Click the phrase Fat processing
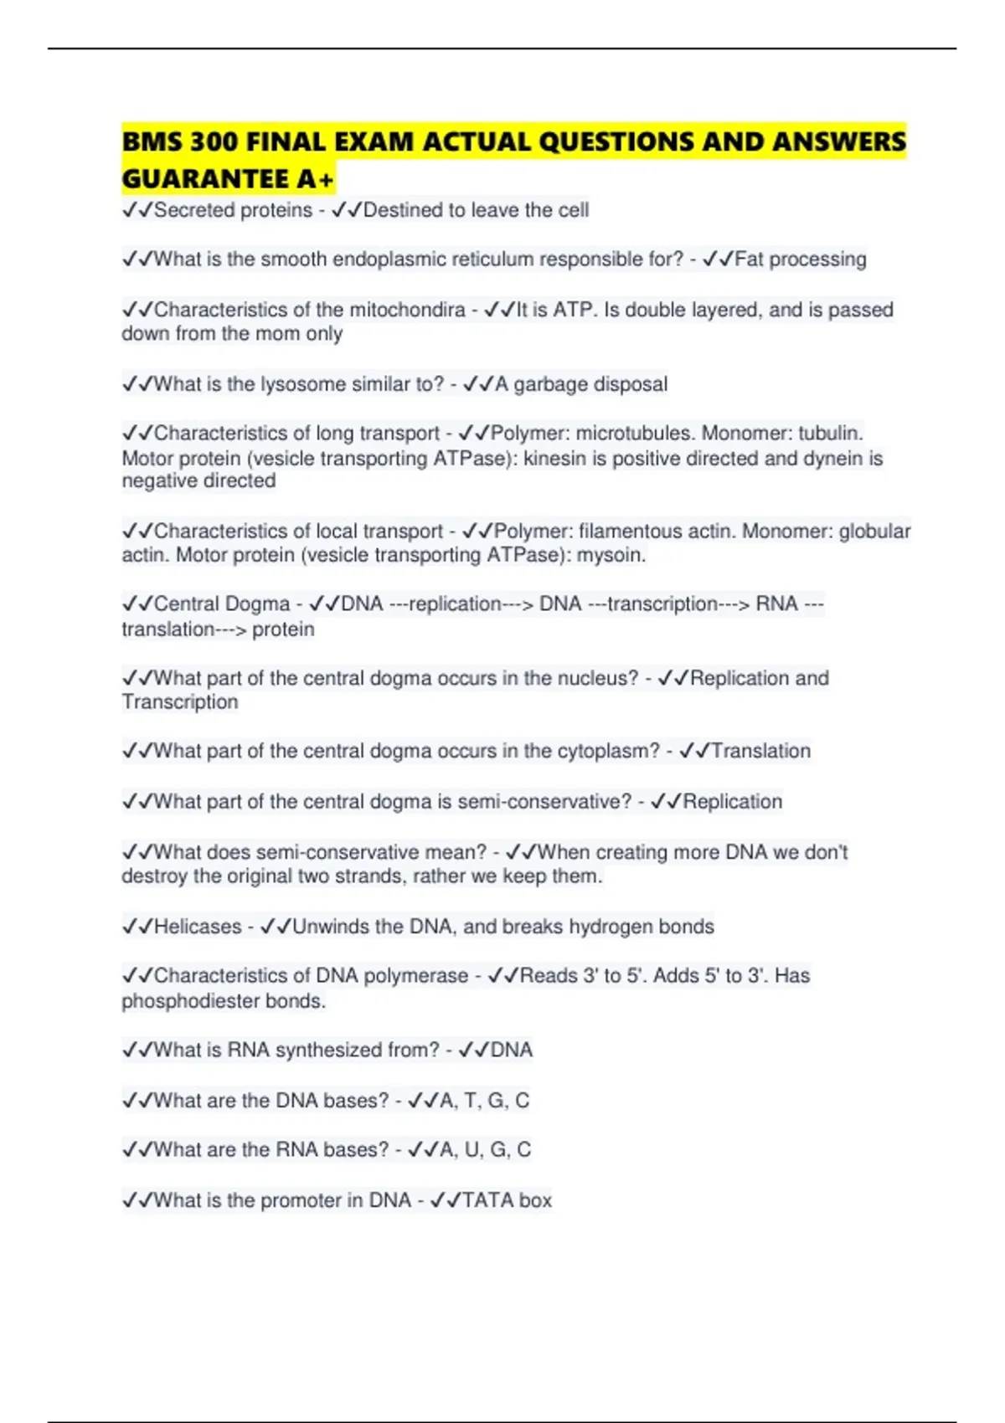[800, 259]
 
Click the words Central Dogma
[222, 604]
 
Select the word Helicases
[198, 927]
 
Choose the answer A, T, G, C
[484, 1100]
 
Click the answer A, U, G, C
[485, 1149]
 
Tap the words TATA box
[507, 1200]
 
